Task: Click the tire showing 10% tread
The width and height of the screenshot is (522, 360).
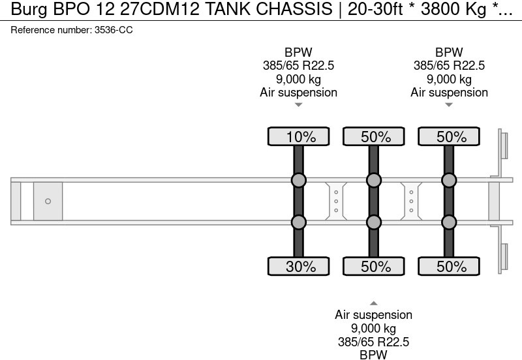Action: click(298, 137)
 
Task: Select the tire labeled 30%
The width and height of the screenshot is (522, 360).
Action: click(298, 266)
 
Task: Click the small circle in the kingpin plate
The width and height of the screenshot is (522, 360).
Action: click(48, 202)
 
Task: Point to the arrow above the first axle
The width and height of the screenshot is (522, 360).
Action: click(298, 104)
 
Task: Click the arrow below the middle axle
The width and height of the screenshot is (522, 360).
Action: click(373, 303)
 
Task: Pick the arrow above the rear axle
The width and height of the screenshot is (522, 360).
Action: click(449, 104)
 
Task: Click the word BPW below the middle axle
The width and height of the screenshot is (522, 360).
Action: click(373, 354)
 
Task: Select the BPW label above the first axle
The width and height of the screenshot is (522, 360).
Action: click(298, 53)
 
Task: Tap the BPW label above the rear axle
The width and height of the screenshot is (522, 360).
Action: click(449, 53)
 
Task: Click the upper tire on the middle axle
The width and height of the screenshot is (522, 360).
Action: click(373, 137)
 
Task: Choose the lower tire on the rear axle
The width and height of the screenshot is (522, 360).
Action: click(449, 266)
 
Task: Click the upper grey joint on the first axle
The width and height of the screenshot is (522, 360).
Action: click(298, 180)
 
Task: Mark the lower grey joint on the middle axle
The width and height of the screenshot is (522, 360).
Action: click(373, 222)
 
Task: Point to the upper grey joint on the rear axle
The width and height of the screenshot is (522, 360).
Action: click(449, 180)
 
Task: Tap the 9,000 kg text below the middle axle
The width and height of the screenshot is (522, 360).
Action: click(373, 328)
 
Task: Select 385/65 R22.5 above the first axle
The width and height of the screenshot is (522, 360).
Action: click(298, 66)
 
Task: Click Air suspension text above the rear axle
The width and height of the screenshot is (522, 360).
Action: click(449, 92)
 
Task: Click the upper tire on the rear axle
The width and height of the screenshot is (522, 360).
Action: click(449, 137)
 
